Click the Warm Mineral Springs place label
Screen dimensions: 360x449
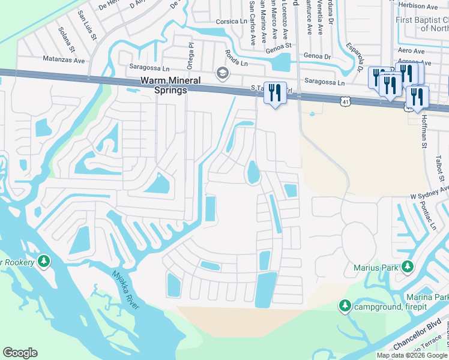tap(155, 85)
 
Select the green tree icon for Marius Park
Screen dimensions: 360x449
tap(408, 265)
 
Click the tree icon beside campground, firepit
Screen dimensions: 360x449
tap(345, 306)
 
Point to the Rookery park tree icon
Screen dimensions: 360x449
tap(43, 261)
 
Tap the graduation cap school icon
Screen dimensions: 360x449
tap(223, 73)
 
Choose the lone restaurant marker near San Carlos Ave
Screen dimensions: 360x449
tap(275, 93)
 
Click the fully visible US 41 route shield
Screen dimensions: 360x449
tap(345, 103)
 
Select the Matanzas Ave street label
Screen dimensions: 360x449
tap(65, 59)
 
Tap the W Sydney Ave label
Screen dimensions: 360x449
tap(429, 193)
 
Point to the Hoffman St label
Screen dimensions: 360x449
tap(423, 131)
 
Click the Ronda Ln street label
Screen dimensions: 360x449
tap(236, 59)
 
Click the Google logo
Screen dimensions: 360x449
tap(20, 353)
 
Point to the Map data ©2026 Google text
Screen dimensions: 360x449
tap(411, 355)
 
